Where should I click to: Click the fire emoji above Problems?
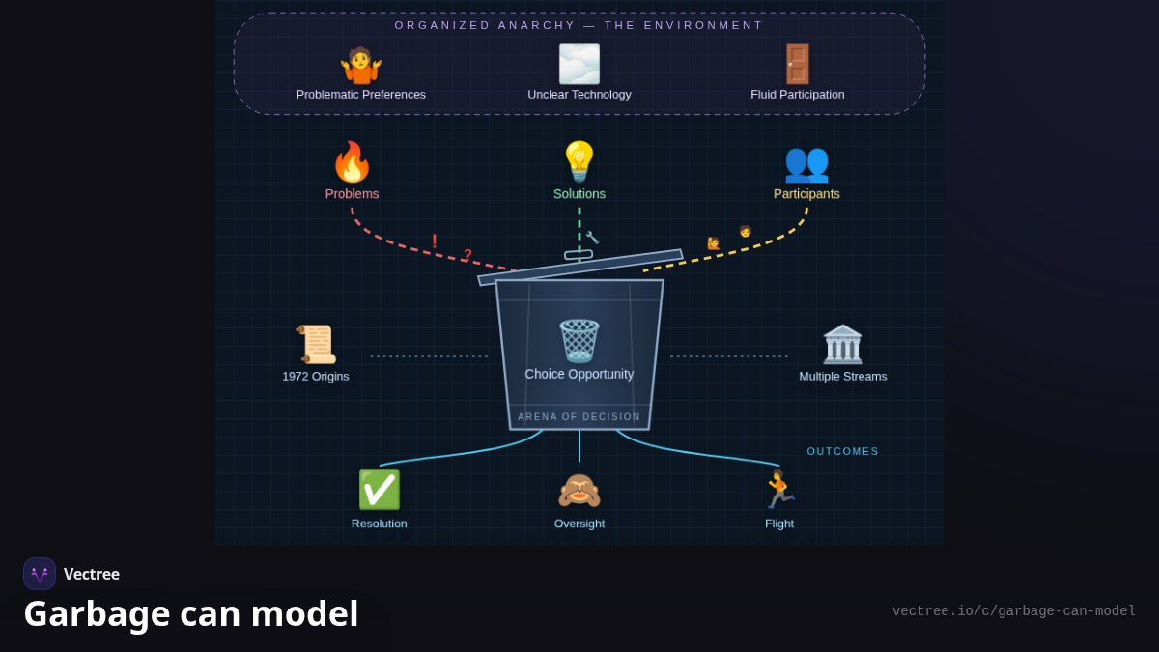352,162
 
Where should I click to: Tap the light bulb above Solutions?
579,161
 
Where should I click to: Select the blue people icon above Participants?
806,165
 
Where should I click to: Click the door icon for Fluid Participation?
798,64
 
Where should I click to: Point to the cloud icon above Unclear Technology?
579,64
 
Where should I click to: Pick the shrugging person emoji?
360,66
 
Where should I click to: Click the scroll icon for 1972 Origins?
316,345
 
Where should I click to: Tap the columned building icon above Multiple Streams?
843,345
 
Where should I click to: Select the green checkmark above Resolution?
380,490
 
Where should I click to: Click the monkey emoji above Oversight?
579,491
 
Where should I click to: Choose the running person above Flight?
779,490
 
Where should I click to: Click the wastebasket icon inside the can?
579,341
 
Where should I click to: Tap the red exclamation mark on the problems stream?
434,241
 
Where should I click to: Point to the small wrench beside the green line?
592,238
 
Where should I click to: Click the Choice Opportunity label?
579,374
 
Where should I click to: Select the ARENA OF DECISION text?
579,416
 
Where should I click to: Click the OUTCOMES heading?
842,451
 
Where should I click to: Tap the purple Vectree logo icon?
40,574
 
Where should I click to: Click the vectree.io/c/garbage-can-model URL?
1013,611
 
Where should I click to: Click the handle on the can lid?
579,255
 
